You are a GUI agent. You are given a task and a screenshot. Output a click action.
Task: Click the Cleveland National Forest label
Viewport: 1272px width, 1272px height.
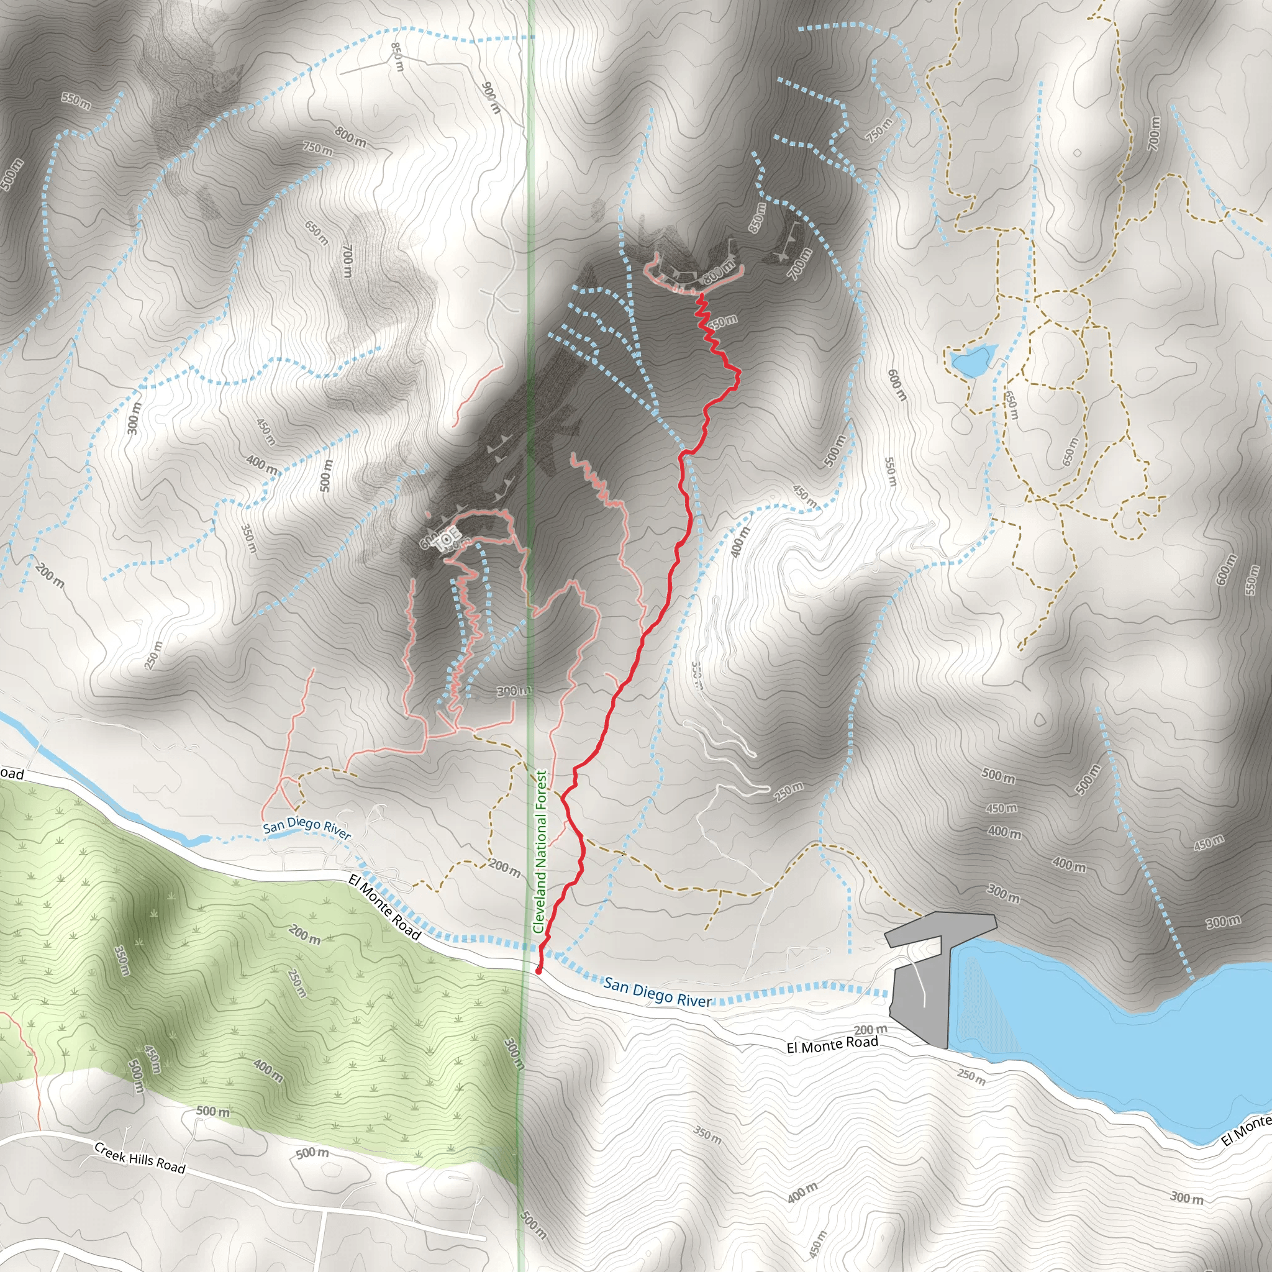point(540,852)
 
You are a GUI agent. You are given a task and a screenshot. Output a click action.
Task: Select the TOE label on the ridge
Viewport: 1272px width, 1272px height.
point(448,538)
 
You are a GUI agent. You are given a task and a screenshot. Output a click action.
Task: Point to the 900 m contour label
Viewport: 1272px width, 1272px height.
point(491,98)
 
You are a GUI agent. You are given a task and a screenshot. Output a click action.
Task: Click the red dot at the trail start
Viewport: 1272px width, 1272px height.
point(538,971)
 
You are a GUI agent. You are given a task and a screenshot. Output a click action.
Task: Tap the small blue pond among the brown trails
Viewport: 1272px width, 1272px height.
point(971,360)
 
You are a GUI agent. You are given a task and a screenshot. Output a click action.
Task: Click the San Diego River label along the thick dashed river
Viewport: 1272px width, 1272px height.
point(658,994)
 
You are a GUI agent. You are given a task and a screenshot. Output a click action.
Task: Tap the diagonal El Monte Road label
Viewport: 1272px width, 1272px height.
point(385,907)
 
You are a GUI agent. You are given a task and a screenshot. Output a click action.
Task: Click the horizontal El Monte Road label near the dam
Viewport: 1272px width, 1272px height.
point(832,1045)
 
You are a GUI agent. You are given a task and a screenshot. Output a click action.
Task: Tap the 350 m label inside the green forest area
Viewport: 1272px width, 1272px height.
point(122,961)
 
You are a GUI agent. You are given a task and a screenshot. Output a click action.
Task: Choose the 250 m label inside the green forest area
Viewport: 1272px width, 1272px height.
point(298,983)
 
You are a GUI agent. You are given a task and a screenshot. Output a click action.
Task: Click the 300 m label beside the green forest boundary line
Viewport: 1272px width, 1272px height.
point(514,1053)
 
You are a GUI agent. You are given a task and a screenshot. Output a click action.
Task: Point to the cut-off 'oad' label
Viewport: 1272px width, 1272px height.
point(11,774)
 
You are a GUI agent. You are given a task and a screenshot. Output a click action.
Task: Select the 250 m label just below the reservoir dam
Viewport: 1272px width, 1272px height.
point(972,1077)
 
